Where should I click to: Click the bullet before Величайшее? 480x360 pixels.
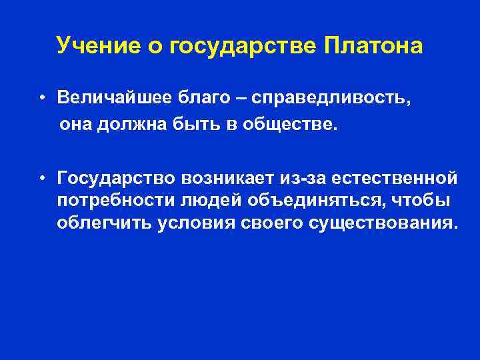click(x=41, y=98)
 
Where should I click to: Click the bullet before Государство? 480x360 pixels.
click(x=41, y=179)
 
